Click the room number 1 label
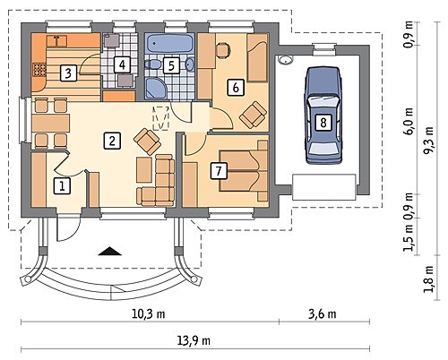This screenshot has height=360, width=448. point(62,186)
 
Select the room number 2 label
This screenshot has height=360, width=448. point(112,141)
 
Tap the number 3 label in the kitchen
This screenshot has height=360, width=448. point(68,73)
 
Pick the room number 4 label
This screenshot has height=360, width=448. point(122,64)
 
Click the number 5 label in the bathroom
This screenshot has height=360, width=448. point(171,65)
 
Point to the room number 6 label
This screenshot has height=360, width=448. point(236,88)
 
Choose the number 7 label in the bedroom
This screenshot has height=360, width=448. point(219,171)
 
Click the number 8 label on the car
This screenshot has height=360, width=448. point(323,123)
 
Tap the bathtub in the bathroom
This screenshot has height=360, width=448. point(169,44)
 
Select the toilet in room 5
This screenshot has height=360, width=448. point(152,64)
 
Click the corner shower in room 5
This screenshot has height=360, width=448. point(154,88)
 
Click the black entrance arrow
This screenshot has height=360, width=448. point(109,252)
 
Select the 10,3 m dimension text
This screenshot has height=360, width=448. point(149,314)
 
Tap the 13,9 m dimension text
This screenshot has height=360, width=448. point(194,341)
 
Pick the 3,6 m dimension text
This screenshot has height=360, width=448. point(323,314)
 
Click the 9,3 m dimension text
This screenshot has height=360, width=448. point(429,141)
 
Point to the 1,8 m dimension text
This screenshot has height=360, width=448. point(429,279)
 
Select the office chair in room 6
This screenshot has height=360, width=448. point(222,50)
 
